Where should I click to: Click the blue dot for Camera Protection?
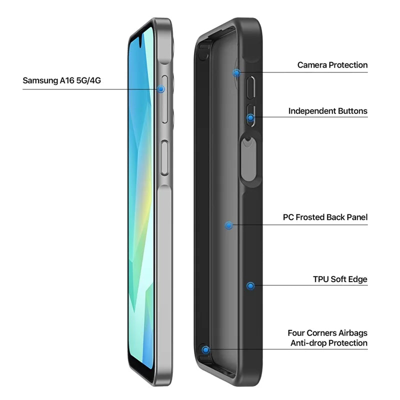tap(236, 73)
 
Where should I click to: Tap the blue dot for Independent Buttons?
tap(251, 118)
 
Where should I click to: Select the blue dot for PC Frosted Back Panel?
tap(229, 225)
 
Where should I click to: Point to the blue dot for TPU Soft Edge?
tap(250, 286)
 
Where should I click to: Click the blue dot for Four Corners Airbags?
tap(205, 350)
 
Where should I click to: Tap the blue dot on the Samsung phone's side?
tap(160, 89)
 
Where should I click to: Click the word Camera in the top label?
tap(312, 65)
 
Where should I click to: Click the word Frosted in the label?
tap(309, 217)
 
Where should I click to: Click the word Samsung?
tap(40, 80)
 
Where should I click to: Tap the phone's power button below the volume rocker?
tap(165, 157)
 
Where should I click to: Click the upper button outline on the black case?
tap(250, 87)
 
